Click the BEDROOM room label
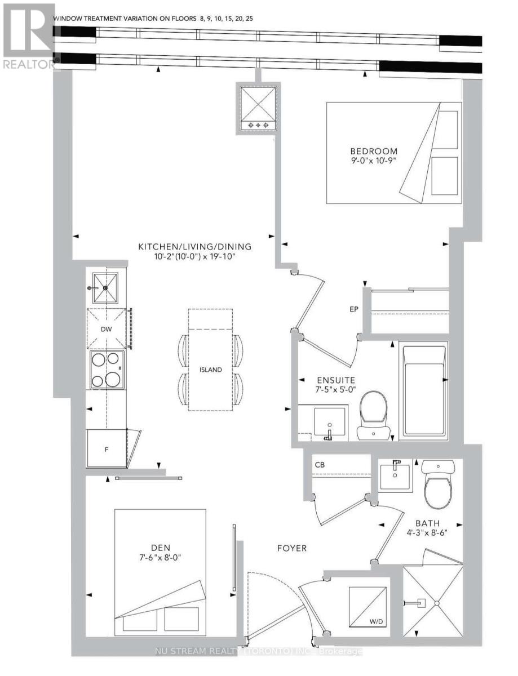click(x=373, y=151)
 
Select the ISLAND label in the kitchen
click(x=211, y=370)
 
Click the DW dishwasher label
click(x=106, y=329)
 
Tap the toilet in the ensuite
click(x=373, y=416)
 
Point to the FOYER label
click(x=292, y=548)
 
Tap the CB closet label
click(x=320, y=465)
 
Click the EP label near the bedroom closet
click(x=354, y=309)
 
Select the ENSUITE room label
click(x=336, y=380)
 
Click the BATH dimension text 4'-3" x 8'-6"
click(x=427, y=532)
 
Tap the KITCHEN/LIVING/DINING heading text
click(x=195, y=247)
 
